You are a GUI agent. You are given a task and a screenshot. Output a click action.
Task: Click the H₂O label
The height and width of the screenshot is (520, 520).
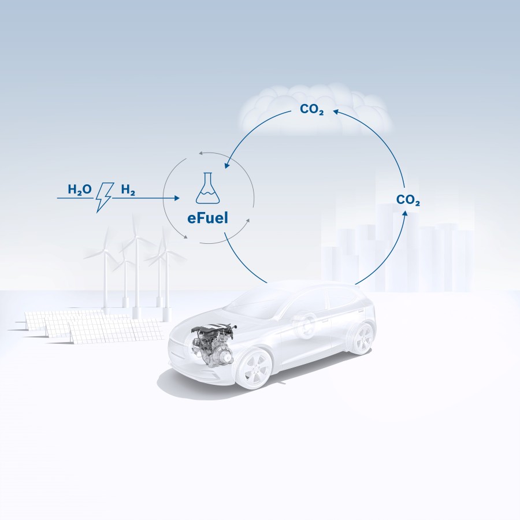[80, 190]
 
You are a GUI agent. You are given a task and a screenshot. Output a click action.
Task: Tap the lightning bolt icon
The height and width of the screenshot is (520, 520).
[105, 196]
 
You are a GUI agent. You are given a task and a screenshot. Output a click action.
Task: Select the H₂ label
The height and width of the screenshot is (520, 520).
[128, 190]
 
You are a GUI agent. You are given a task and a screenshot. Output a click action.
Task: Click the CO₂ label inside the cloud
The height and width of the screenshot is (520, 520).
[312, 110]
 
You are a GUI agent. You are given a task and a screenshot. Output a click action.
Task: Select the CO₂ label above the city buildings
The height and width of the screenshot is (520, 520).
[408, 200]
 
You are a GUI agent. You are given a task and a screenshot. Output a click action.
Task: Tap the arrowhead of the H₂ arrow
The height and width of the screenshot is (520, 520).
[177, 198]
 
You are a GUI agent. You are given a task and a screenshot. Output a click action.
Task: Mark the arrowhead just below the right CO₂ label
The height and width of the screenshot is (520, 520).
[405, 213]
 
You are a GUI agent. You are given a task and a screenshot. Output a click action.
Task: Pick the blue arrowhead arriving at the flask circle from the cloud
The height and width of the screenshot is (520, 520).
[226, 166]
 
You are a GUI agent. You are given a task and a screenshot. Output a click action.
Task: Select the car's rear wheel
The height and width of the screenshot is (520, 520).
[363, 339]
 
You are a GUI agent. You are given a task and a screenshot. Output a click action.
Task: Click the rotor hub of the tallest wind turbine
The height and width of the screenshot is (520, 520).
[137, 237]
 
